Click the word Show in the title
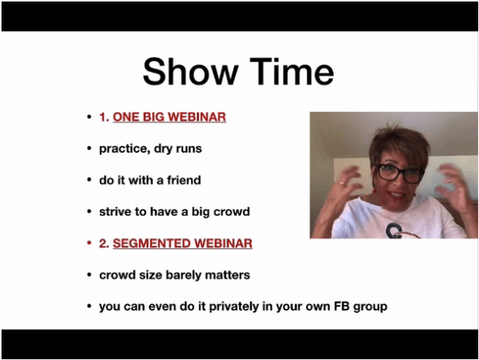191,72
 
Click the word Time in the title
292,72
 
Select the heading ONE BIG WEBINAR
170,117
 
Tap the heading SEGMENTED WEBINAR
182,244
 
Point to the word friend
184,180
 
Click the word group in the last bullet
370,307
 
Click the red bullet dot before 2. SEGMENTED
89,244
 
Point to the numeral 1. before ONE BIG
104,117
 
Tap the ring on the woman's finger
341,183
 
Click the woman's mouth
397,194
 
